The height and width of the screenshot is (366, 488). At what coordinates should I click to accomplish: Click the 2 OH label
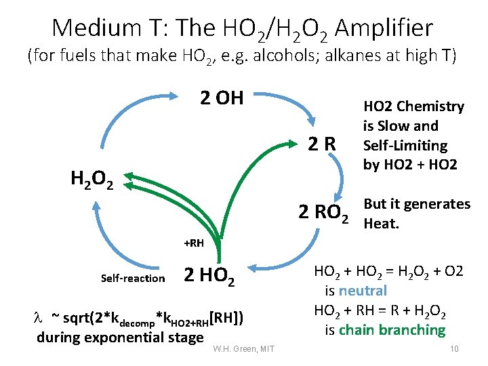(x=222, y=98)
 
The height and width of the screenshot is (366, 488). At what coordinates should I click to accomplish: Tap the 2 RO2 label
(x=325, y=213)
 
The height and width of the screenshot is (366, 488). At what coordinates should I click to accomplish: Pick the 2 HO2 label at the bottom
(x=209, y=276)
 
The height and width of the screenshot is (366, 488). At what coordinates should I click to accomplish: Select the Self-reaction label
(x=133, y=278)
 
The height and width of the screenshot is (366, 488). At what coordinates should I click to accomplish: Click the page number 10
(x=454, y=348)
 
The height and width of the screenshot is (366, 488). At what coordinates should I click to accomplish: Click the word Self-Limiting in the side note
(x=405, y=145)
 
